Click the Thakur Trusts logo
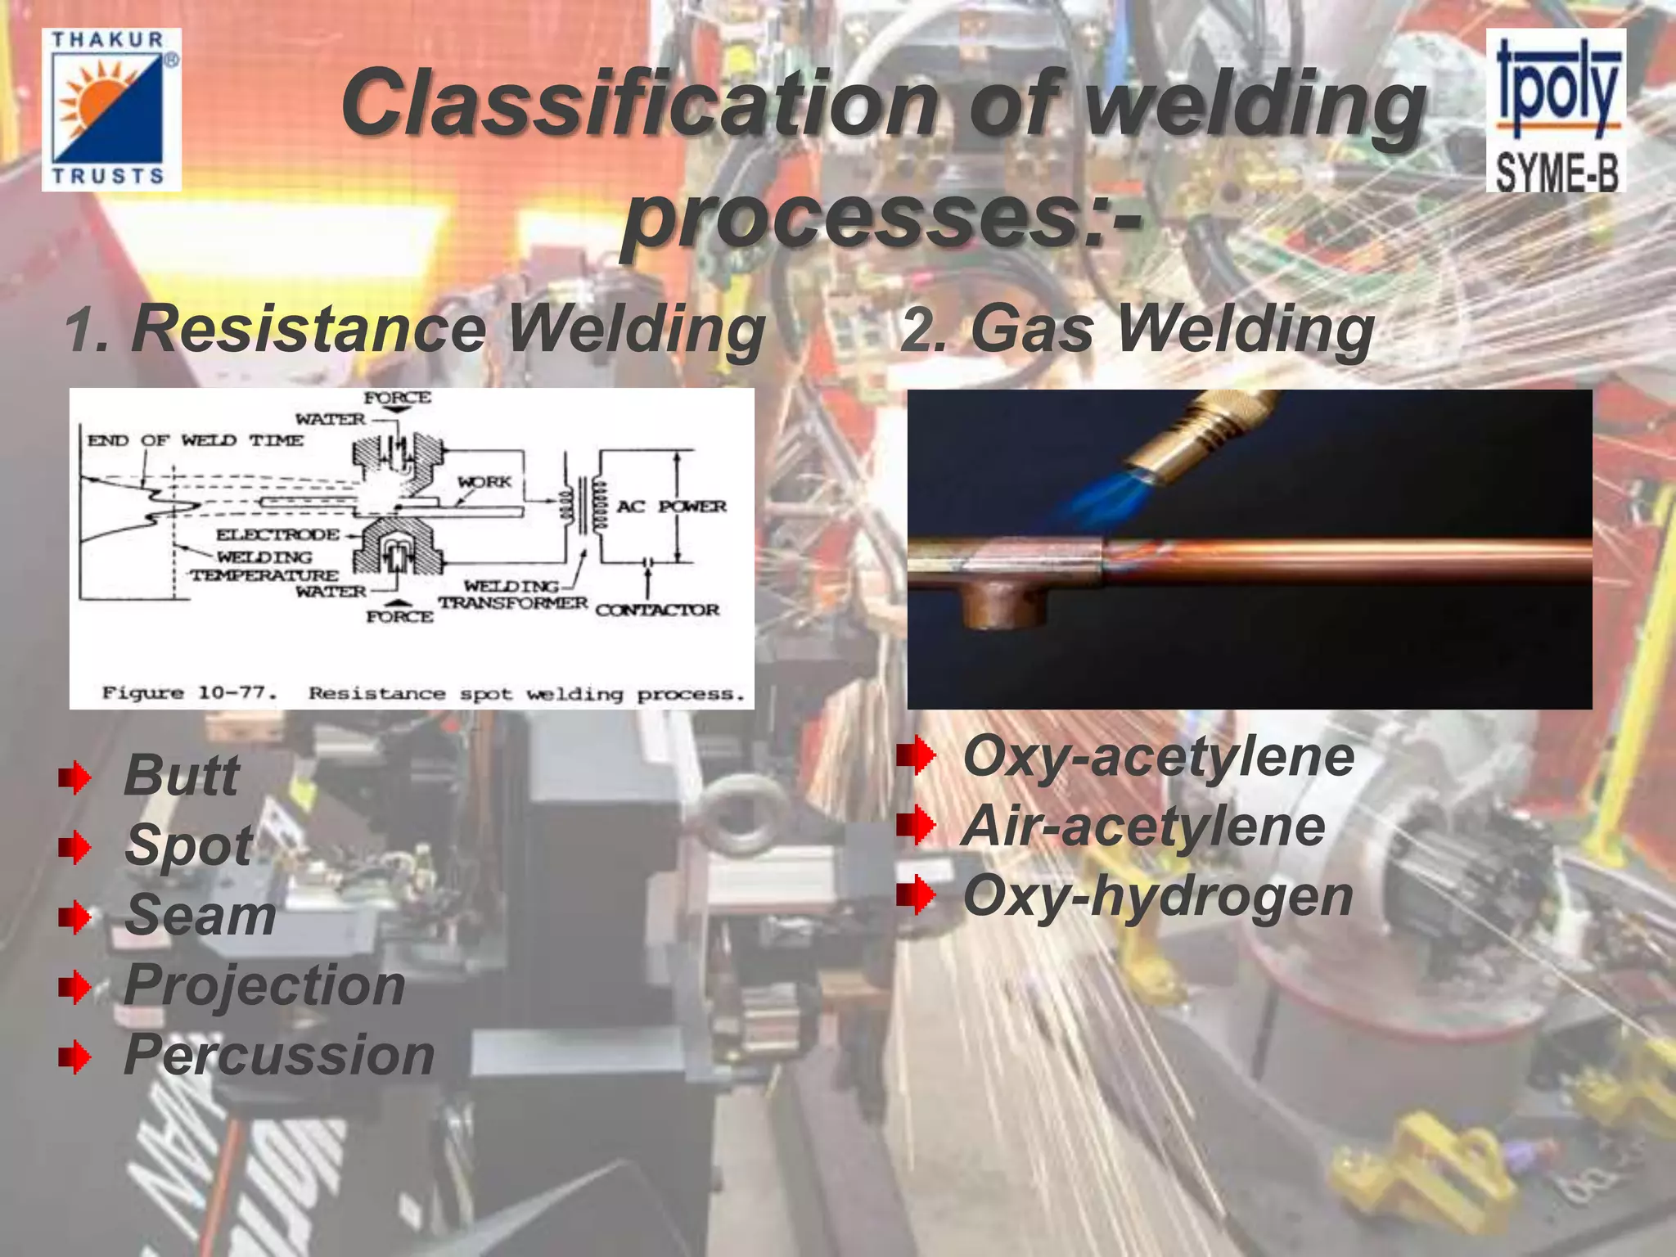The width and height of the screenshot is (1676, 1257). [x=111, y=110]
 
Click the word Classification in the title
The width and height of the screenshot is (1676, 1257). [x=638, y=103]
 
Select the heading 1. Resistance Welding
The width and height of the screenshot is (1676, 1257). [x=415, y=329]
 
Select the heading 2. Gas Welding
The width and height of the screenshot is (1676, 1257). [x=1137, y=329]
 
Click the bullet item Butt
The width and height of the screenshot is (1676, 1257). [x=182, y=775]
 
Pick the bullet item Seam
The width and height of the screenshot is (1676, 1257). [x=200, y=915]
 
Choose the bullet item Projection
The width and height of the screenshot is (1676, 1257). [x=264, y=984]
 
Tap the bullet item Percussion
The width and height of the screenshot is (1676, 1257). [x=279, y=1055]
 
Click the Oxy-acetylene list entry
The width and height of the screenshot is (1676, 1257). [x=1158, y=756]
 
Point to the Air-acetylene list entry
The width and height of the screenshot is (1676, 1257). [x=1143, y=827]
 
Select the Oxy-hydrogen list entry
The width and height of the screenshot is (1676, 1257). [x=1158, y=896]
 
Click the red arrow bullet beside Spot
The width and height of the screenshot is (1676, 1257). [x=74, y=848]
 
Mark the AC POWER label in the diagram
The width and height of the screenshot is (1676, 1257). [x=671, y=507]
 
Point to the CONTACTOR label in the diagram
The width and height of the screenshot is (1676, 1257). [x=657, y=610]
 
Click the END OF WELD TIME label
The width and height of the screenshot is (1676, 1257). [x=195, y=440]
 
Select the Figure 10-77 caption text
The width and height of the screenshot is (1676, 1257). [x=422, y=694]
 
